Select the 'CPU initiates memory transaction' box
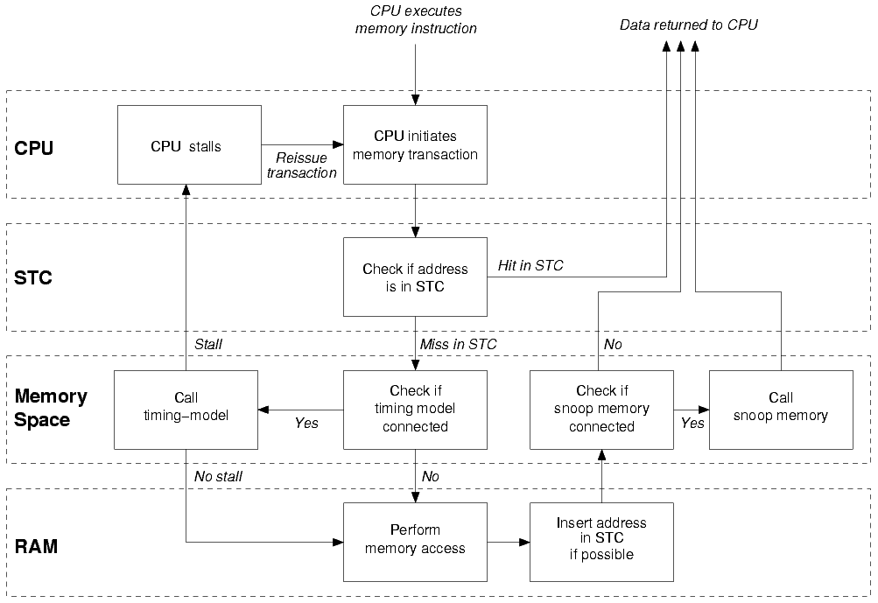tap(415, 144)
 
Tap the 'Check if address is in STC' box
tap(415, 277)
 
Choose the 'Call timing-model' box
tap(186, 410)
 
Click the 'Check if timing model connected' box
tap(415, 410)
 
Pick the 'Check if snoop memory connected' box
tap(601, 410)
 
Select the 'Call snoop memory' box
tap(780, 410)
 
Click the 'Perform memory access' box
tap(415, 541)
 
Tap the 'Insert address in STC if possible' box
tap(601, 541)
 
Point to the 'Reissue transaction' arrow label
tap(301, 165)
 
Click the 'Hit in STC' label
tap(530, 265)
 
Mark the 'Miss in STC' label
tap(458, 344)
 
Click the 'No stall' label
tap(218, 476)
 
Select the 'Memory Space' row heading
tap(51, 408)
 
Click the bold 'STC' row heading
tap(34, 278)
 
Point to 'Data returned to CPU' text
tap(688, 25)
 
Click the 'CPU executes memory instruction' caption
tap(416, 20)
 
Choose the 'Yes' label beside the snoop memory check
tap(692, 424)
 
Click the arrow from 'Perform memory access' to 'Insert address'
tap(509, 542)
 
